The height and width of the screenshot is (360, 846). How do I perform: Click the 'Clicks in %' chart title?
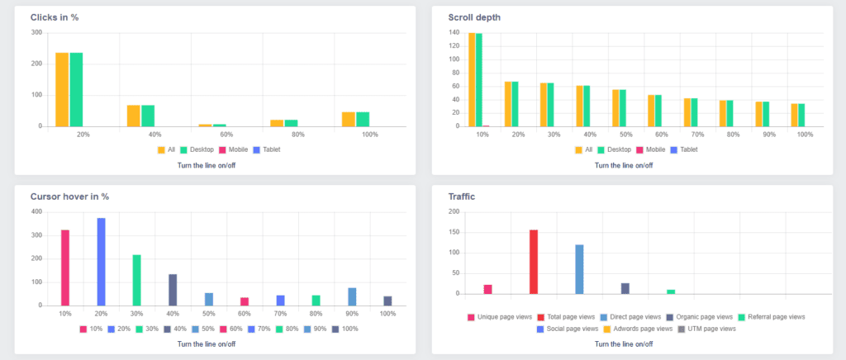[60, 17]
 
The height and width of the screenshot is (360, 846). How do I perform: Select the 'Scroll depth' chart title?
[474, 17]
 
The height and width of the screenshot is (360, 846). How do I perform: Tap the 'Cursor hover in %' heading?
[69, 197]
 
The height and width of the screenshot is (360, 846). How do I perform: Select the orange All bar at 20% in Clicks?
[62, 89]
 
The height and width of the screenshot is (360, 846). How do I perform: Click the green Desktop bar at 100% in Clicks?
[363, 119]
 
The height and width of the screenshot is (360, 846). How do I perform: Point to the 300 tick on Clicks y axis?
[36, 33]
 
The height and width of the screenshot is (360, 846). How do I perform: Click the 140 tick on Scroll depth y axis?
[454, 33]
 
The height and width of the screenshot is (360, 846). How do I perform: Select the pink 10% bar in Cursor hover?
[65, 268]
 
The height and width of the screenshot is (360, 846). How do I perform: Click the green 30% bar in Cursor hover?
[137, 280]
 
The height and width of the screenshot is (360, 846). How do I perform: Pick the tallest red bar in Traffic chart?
[534, 261]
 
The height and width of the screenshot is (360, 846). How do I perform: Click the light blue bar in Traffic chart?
[579, 269]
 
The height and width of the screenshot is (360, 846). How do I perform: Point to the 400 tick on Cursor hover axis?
[36, 212]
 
